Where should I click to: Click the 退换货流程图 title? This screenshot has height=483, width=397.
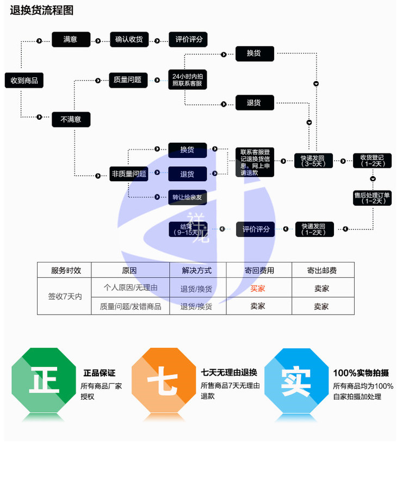click(x=41, y=10)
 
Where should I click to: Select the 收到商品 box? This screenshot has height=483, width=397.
click(x=24, y=80)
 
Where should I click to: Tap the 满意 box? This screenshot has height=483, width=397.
click(x=71, y=40)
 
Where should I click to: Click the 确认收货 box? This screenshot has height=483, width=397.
click(x=129, y=40)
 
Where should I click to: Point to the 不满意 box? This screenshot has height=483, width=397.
click(x=71, y=119)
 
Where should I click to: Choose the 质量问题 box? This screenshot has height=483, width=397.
click(x=128, y=80)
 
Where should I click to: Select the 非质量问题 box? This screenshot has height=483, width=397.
click(x=129, y=174)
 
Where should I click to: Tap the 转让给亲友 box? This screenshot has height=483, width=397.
click(x=187, y=197)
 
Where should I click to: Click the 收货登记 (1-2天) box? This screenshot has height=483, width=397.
click(x=372, y=161)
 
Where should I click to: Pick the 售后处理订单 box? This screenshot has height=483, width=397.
click(x=372, y=198)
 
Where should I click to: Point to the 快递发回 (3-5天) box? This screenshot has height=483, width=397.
click(x=313, y=161)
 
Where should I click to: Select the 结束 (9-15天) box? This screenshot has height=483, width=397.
click(x=187, y=229)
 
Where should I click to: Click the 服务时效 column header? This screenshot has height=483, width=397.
click(x=64, y=270)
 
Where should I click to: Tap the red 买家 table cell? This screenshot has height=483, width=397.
click(x=258, y=288)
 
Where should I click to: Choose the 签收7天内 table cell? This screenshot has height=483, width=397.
click(x=64, y=296)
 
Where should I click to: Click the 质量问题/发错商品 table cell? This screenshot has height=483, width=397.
click(x=131, y=306)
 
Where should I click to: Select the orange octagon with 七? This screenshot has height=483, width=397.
click(x=164, y=381)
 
